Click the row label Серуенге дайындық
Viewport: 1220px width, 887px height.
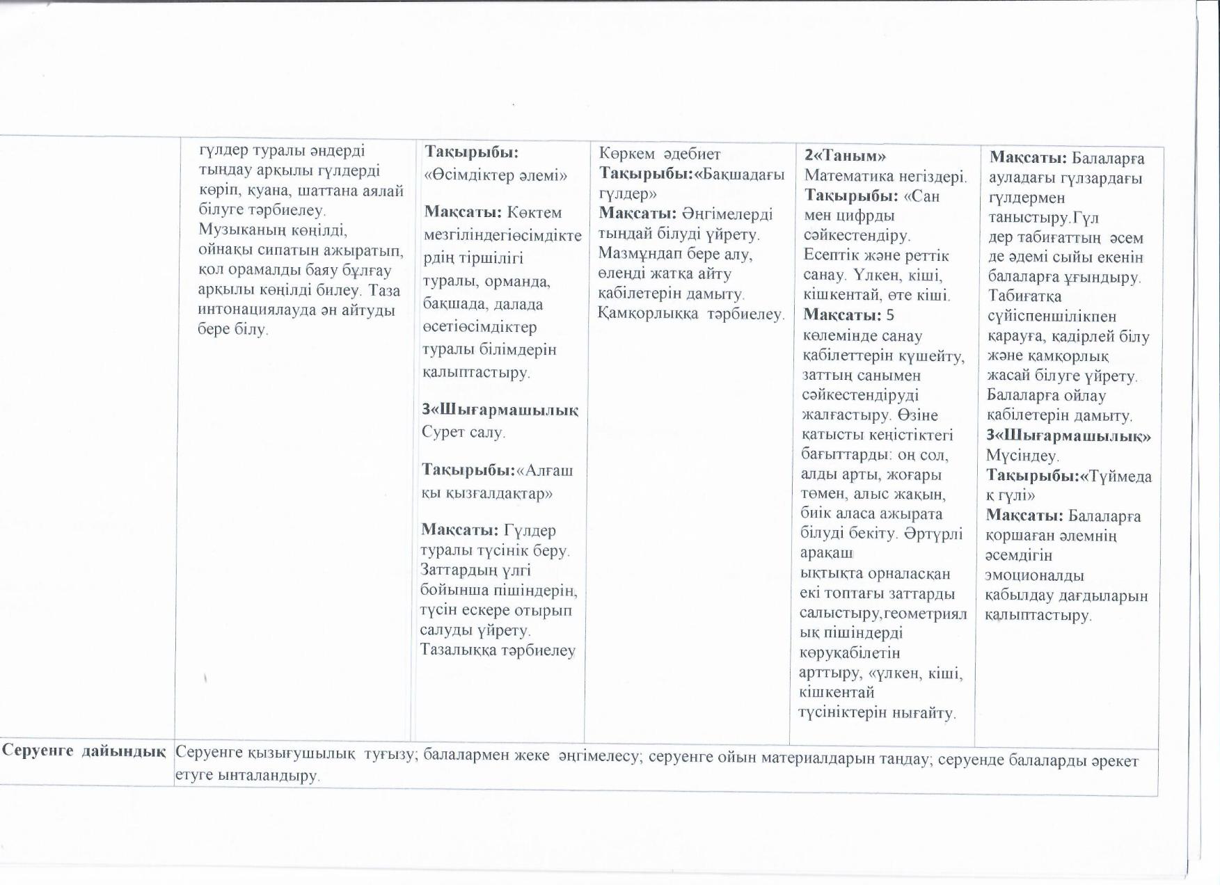[84, 751]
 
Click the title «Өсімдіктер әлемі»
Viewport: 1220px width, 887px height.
[495, 175]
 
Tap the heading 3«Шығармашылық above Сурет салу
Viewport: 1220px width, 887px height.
[500, 410]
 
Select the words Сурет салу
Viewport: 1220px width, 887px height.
[463, 432]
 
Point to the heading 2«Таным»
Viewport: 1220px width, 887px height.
[845, 156]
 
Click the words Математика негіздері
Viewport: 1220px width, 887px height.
[885, 176]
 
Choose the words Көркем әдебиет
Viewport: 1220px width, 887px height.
[660, 154]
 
